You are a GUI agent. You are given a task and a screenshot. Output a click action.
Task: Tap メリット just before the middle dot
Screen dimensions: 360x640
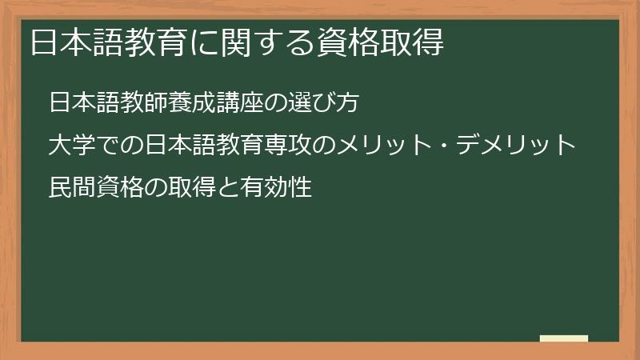pos(386,146)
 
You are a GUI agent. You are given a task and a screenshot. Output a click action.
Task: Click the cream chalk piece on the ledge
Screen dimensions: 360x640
pos(564,338)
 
